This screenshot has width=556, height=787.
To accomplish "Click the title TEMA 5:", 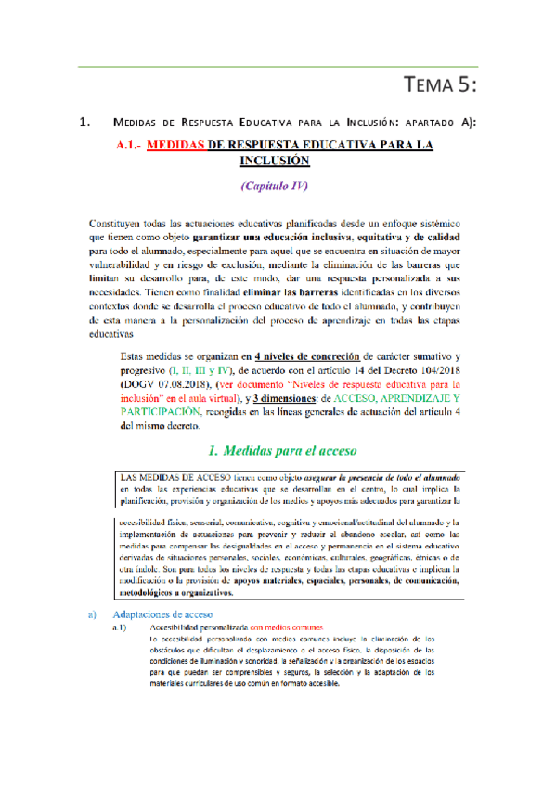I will coord(442,86).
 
